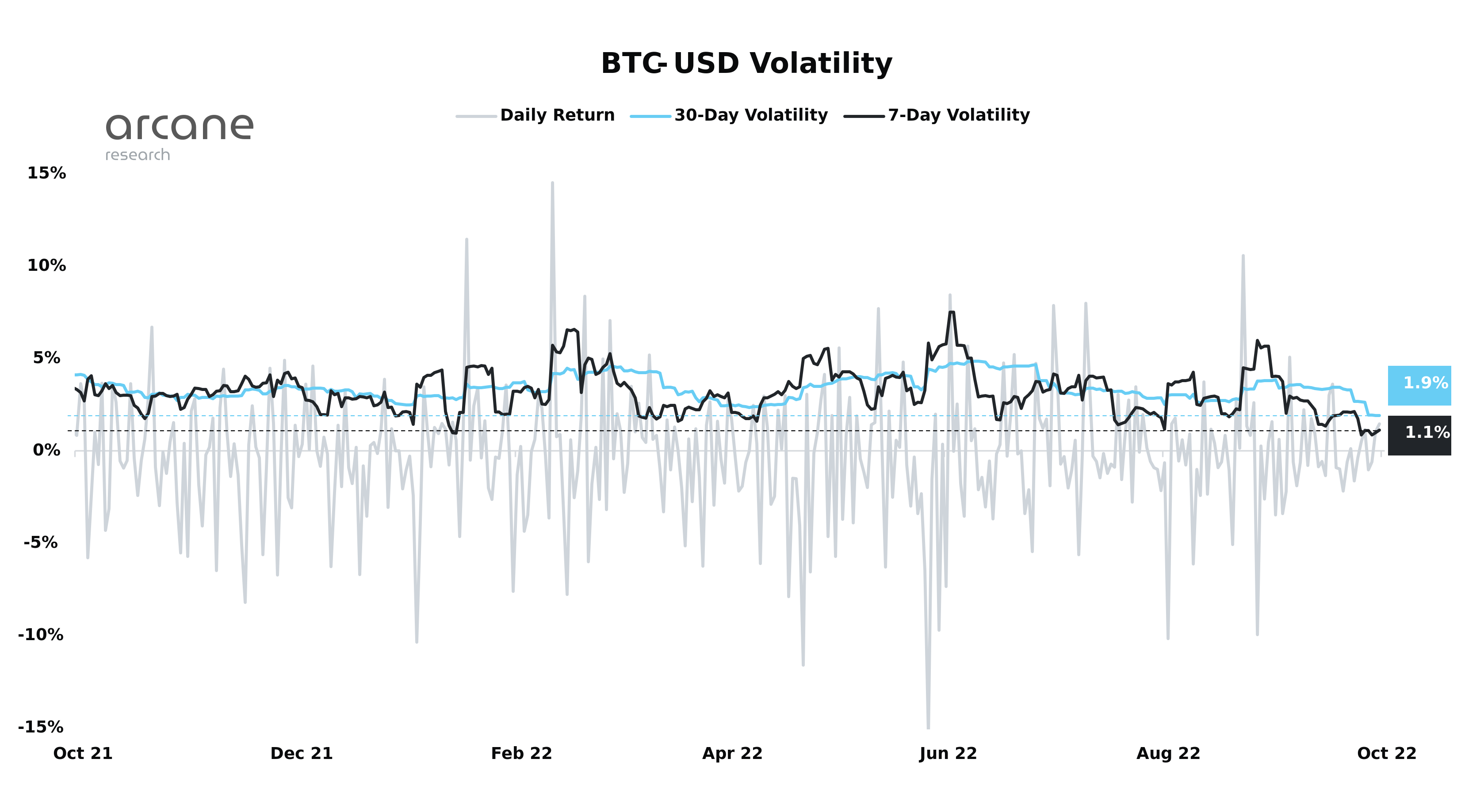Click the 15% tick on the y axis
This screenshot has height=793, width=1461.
(46, 173)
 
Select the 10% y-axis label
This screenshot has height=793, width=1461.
(46, 265)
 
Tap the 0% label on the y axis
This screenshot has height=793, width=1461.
(46, 450)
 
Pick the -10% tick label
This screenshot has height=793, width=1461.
(41, 634)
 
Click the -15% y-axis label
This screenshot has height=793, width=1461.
(41, 727)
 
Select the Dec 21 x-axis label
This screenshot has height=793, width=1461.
(301, 753)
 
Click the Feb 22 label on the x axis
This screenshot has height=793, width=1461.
(521, 753)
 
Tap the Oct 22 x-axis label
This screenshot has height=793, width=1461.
(1387, 753)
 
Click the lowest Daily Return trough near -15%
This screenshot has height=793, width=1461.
(928, 727)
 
